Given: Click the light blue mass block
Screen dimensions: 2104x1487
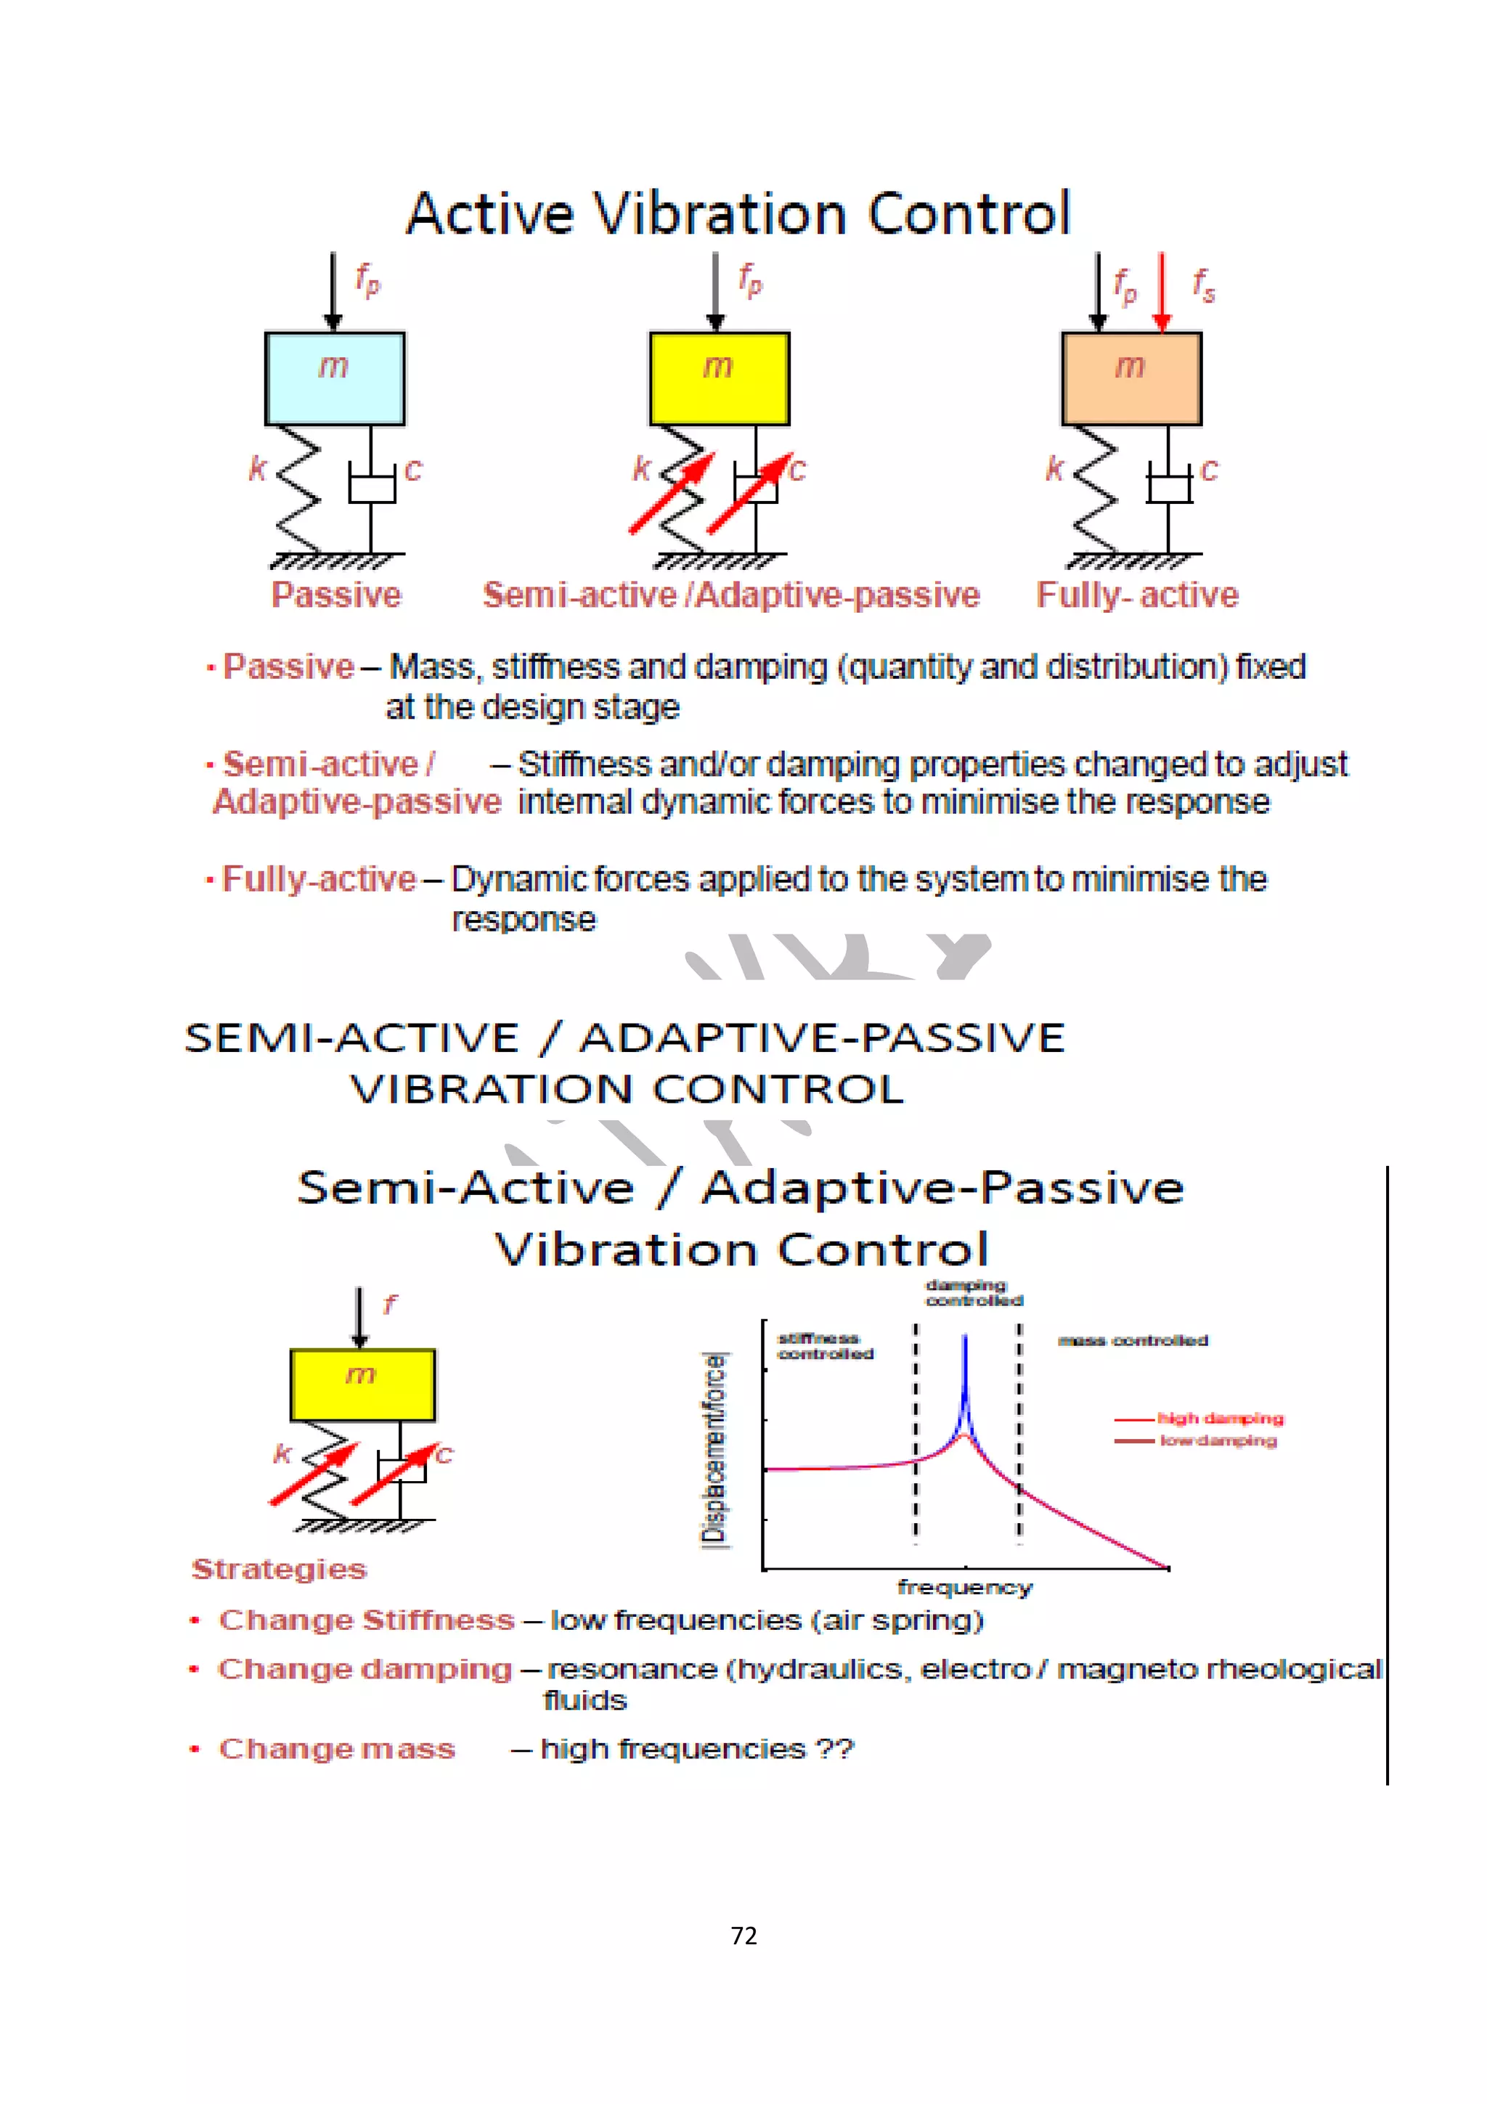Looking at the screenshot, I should pos(335,378).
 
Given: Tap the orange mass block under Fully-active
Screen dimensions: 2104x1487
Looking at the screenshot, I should pos(1131,378).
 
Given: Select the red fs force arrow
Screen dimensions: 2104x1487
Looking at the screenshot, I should pos(1162,291).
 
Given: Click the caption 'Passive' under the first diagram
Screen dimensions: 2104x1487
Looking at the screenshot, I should pos(336,595).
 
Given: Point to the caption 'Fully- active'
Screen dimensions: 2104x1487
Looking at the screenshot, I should pos(1137,595).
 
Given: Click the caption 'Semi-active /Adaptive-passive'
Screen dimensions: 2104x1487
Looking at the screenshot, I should pos(731,595).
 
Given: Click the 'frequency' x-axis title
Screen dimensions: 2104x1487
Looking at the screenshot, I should pos(965,1587).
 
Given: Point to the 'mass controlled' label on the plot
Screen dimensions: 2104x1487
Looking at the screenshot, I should pos(1133,1341).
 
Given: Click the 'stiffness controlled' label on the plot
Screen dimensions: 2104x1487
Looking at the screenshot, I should pos(825,1346).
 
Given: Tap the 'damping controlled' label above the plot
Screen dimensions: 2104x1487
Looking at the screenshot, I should pos(973,1292).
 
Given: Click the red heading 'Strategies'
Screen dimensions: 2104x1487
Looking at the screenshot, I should pos(280,1570).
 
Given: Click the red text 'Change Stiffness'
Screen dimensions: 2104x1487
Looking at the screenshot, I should pos(367,1620).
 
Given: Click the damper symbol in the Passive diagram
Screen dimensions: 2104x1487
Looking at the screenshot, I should pos(371,486).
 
